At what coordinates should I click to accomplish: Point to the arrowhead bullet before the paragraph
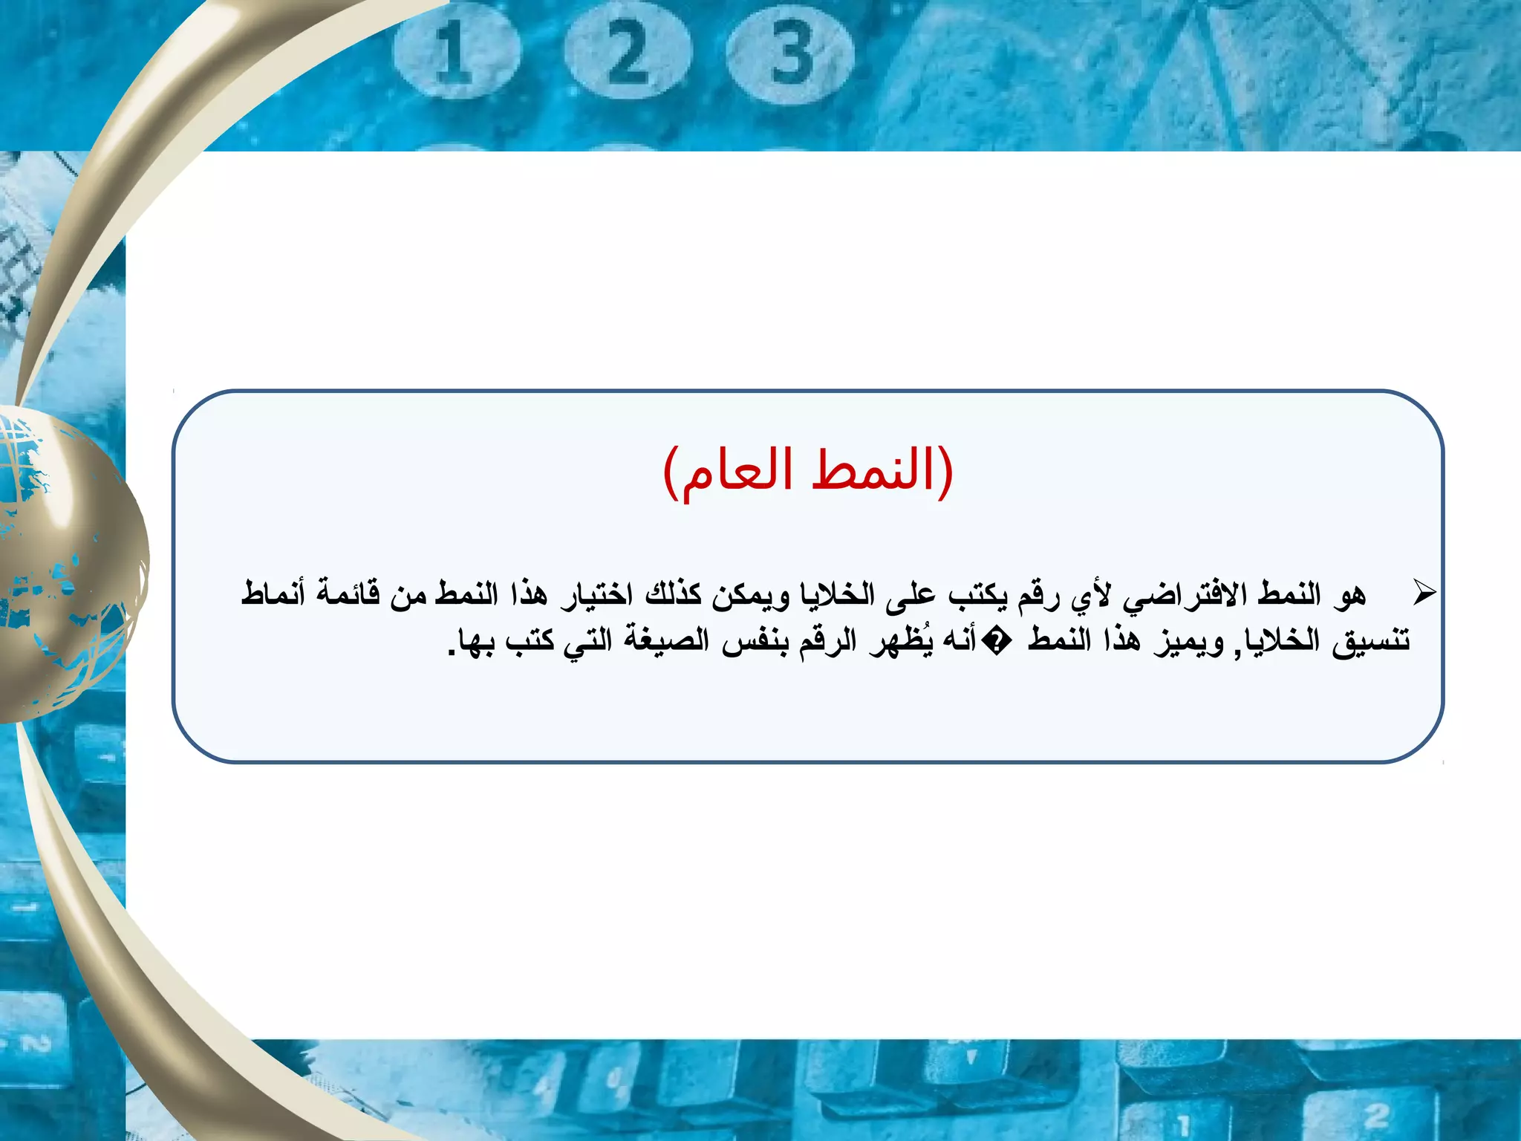click(1424, 593)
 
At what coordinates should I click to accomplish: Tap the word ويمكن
click(751, 594)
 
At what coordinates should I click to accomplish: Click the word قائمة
click(348, 594)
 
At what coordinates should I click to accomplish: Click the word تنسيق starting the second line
click(1370, 640)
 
